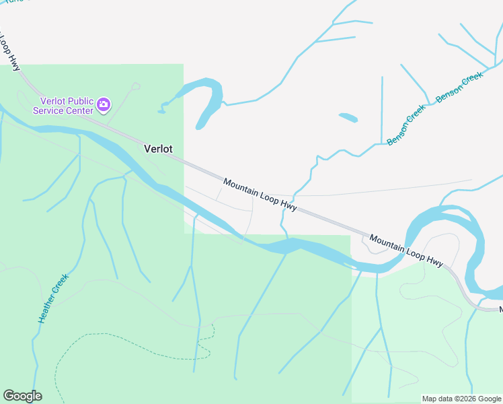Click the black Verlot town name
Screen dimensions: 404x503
(158, 149)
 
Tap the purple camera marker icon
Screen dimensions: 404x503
(103, 104)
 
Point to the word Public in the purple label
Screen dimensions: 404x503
(79, 102)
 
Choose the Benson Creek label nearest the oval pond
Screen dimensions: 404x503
(406, 125)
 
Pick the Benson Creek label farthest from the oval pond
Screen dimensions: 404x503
(460, 88)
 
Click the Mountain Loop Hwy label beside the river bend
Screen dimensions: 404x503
(407, 250)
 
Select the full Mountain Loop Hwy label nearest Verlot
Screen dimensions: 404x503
(260, 195)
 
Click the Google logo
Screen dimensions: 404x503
(22, 396)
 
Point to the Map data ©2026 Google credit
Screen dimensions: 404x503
(461, 399)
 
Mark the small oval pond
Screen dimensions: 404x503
(348, 118)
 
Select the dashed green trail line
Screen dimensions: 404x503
(121, 335)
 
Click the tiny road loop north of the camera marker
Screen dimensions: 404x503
(137, 86)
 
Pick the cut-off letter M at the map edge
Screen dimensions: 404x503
(500, 310)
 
